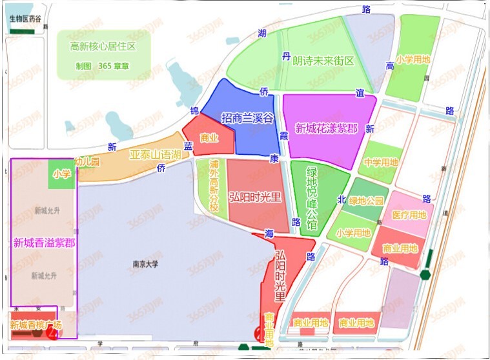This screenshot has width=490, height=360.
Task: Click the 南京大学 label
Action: tap(145, 264)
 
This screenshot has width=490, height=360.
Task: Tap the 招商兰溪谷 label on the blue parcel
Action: tap(247, 118)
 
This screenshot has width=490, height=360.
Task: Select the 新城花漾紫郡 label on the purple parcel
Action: tap(326, 128)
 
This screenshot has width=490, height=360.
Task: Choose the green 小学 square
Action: tap(62, 174)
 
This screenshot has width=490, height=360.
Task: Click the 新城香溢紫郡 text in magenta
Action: tap(43, 243)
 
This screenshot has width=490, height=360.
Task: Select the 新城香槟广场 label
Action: tap(36, 325)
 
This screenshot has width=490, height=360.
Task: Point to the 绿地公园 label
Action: tap(366, 201)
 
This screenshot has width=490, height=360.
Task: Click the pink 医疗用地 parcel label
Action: tap(409, 215)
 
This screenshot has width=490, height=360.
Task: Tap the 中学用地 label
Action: tap(381, 163)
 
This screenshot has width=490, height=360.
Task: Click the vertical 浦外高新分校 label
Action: tap(214, 186)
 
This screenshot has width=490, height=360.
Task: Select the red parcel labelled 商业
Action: tap(209, 137)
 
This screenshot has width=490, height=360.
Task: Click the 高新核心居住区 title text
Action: tap(103, 46)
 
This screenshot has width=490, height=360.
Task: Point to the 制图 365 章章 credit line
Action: tap(103, 66)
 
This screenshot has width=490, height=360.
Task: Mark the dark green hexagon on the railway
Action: tap(425, 274)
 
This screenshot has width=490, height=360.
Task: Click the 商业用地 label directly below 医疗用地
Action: tap(400, 248)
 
